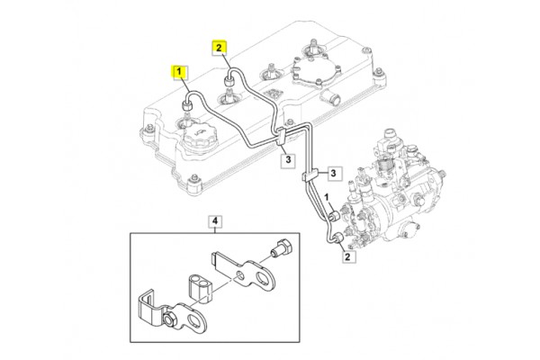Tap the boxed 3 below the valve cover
[287, 160]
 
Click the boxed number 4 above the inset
[215, 220]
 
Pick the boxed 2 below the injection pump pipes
[347, 256]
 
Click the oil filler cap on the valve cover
[200, 139]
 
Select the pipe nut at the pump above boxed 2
[337, 238]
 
